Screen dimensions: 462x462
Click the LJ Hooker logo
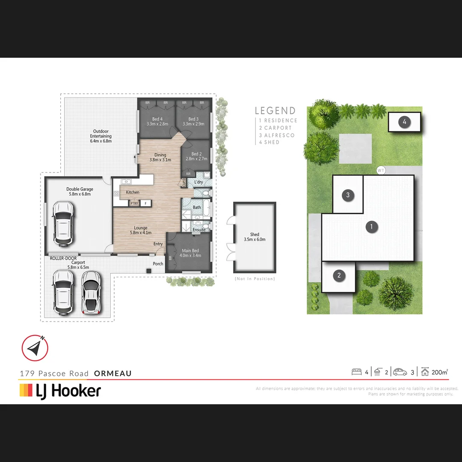click(x=60, y=391)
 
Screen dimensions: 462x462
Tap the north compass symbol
click(x=35, y=347)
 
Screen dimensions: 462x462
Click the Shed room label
click(x=255, y=237)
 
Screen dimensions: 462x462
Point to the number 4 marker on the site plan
click(x=404, y=122)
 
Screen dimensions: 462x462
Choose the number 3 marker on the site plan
click(x=348, y=195)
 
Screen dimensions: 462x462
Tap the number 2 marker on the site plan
click(x=339, y=275)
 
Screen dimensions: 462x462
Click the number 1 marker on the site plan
click(x=372, y=227)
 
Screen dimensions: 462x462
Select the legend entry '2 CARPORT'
click(x=275, y=128)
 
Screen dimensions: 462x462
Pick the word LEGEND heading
click(x=275, y=111)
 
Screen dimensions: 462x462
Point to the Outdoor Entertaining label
click(x=101, y=136)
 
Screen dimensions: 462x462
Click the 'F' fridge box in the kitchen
click(x=145, y=204)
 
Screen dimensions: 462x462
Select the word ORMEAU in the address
click(x=113, y=373)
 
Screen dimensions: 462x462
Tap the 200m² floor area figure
click(x=440, y=372)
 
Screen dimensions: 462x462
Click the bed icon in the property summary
click(x=356, y=372)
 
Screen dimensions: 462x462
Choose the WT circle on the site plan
click(x=381, y=170)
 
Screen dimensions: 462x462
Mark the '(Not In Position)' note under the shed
click(x=255, y=279)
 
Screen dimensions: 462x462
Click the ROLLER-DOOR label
click(x=63, y=258)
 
